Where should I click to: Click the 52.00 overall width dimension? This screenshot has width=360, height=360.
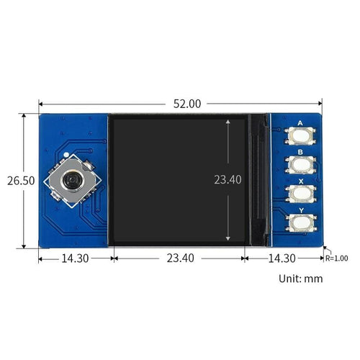186,104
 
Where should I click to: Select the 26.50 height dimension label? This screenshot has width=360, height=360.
17,181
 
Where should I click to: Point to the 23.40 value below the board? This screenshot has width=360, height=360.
179,258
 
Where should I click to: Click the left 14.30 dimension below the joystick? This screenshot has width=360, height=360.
76,258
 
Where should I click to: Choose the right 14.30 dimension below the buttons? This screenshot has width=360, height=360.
282,258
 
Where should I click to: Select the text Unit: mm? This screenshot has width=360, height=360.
301,278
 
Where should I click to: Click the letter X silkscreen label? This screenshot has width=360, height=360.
297,181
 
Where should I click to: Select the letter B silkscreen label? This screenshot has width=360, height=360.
297,152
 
